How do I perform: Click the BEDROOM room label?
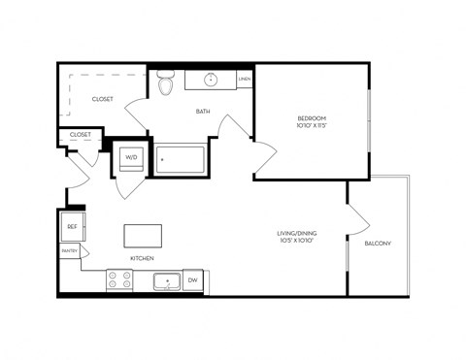point(312,118)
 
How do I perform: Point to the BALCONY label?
point(378,244)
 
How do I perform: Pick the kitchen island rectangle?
point(142,236)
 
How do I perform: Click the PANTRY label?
point(70,251)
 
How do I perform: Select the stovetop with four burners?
point(119,280)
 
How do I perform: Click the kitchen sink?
point(167,281)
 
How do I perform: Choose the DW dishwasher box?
point(192,280)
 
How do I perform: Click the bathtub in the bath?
point(182,158)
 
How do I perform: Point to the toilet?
point(165,85)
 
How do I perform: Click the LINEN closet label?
point(245,79)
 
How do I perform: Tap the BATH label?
point(203,112)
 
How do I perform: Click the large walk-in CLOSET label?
point(102,99)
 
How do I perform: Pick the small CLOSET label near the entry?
point(81,135)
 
